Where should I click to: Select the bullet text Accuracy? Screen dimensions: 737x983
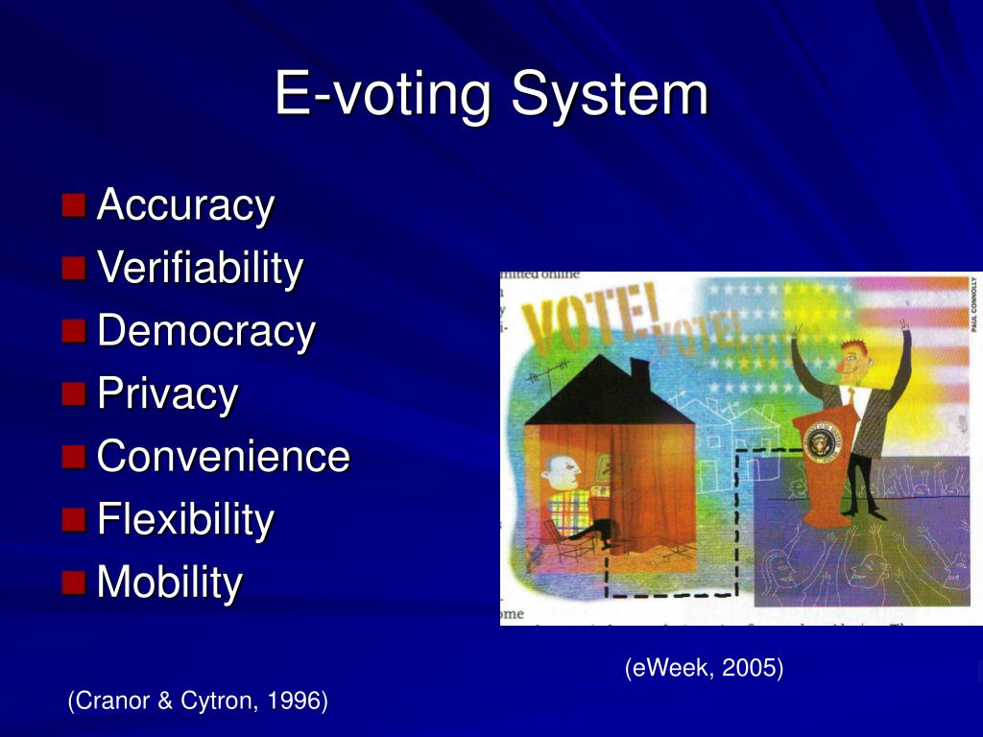point(186,204)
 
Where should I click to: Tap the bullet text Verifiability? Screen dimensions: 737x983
point(200,268)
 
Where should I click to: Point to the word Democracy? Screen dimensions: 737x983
point(206,331)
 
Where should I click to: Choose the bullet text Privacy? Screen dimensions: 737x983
point(168,394)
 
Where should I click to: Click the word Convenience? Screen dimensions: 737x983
point(224,456)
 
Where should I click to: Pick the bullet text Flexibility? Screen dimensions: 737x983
point(186,519)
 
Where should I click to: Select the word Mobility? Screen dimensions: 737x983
point(170,582)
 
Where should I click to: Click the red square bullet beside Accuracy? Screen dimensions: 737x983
point(74,204)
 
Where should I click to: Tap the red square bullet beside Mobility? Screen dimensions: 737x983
point(74,582)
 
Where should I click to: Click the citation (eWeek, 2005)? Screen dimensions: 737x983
point(704,668)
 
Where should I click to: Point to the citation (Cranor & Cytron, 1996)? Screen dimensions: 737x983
point(198,701)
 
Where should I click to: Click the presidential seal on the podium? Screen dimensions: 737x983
point(822,442)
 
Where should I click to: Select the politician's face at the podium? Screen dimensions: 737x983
point(849,362)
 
